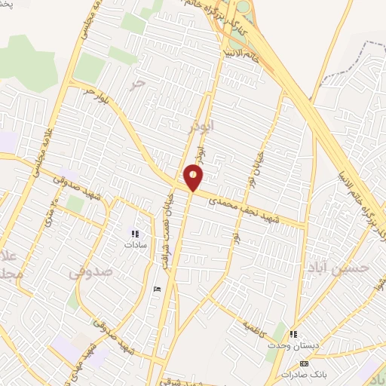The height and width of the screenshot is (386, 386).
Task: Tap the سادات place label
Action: click(x=135, y=245)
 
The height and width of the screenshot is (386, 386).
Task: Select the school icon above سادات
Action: click(x=135, y=234)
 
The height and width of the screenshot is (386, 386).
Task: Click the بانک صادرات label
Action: click(x=303, y=374)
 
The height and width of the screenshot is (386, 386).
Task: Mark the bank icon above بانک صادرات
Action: click(x=304, y=363)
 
